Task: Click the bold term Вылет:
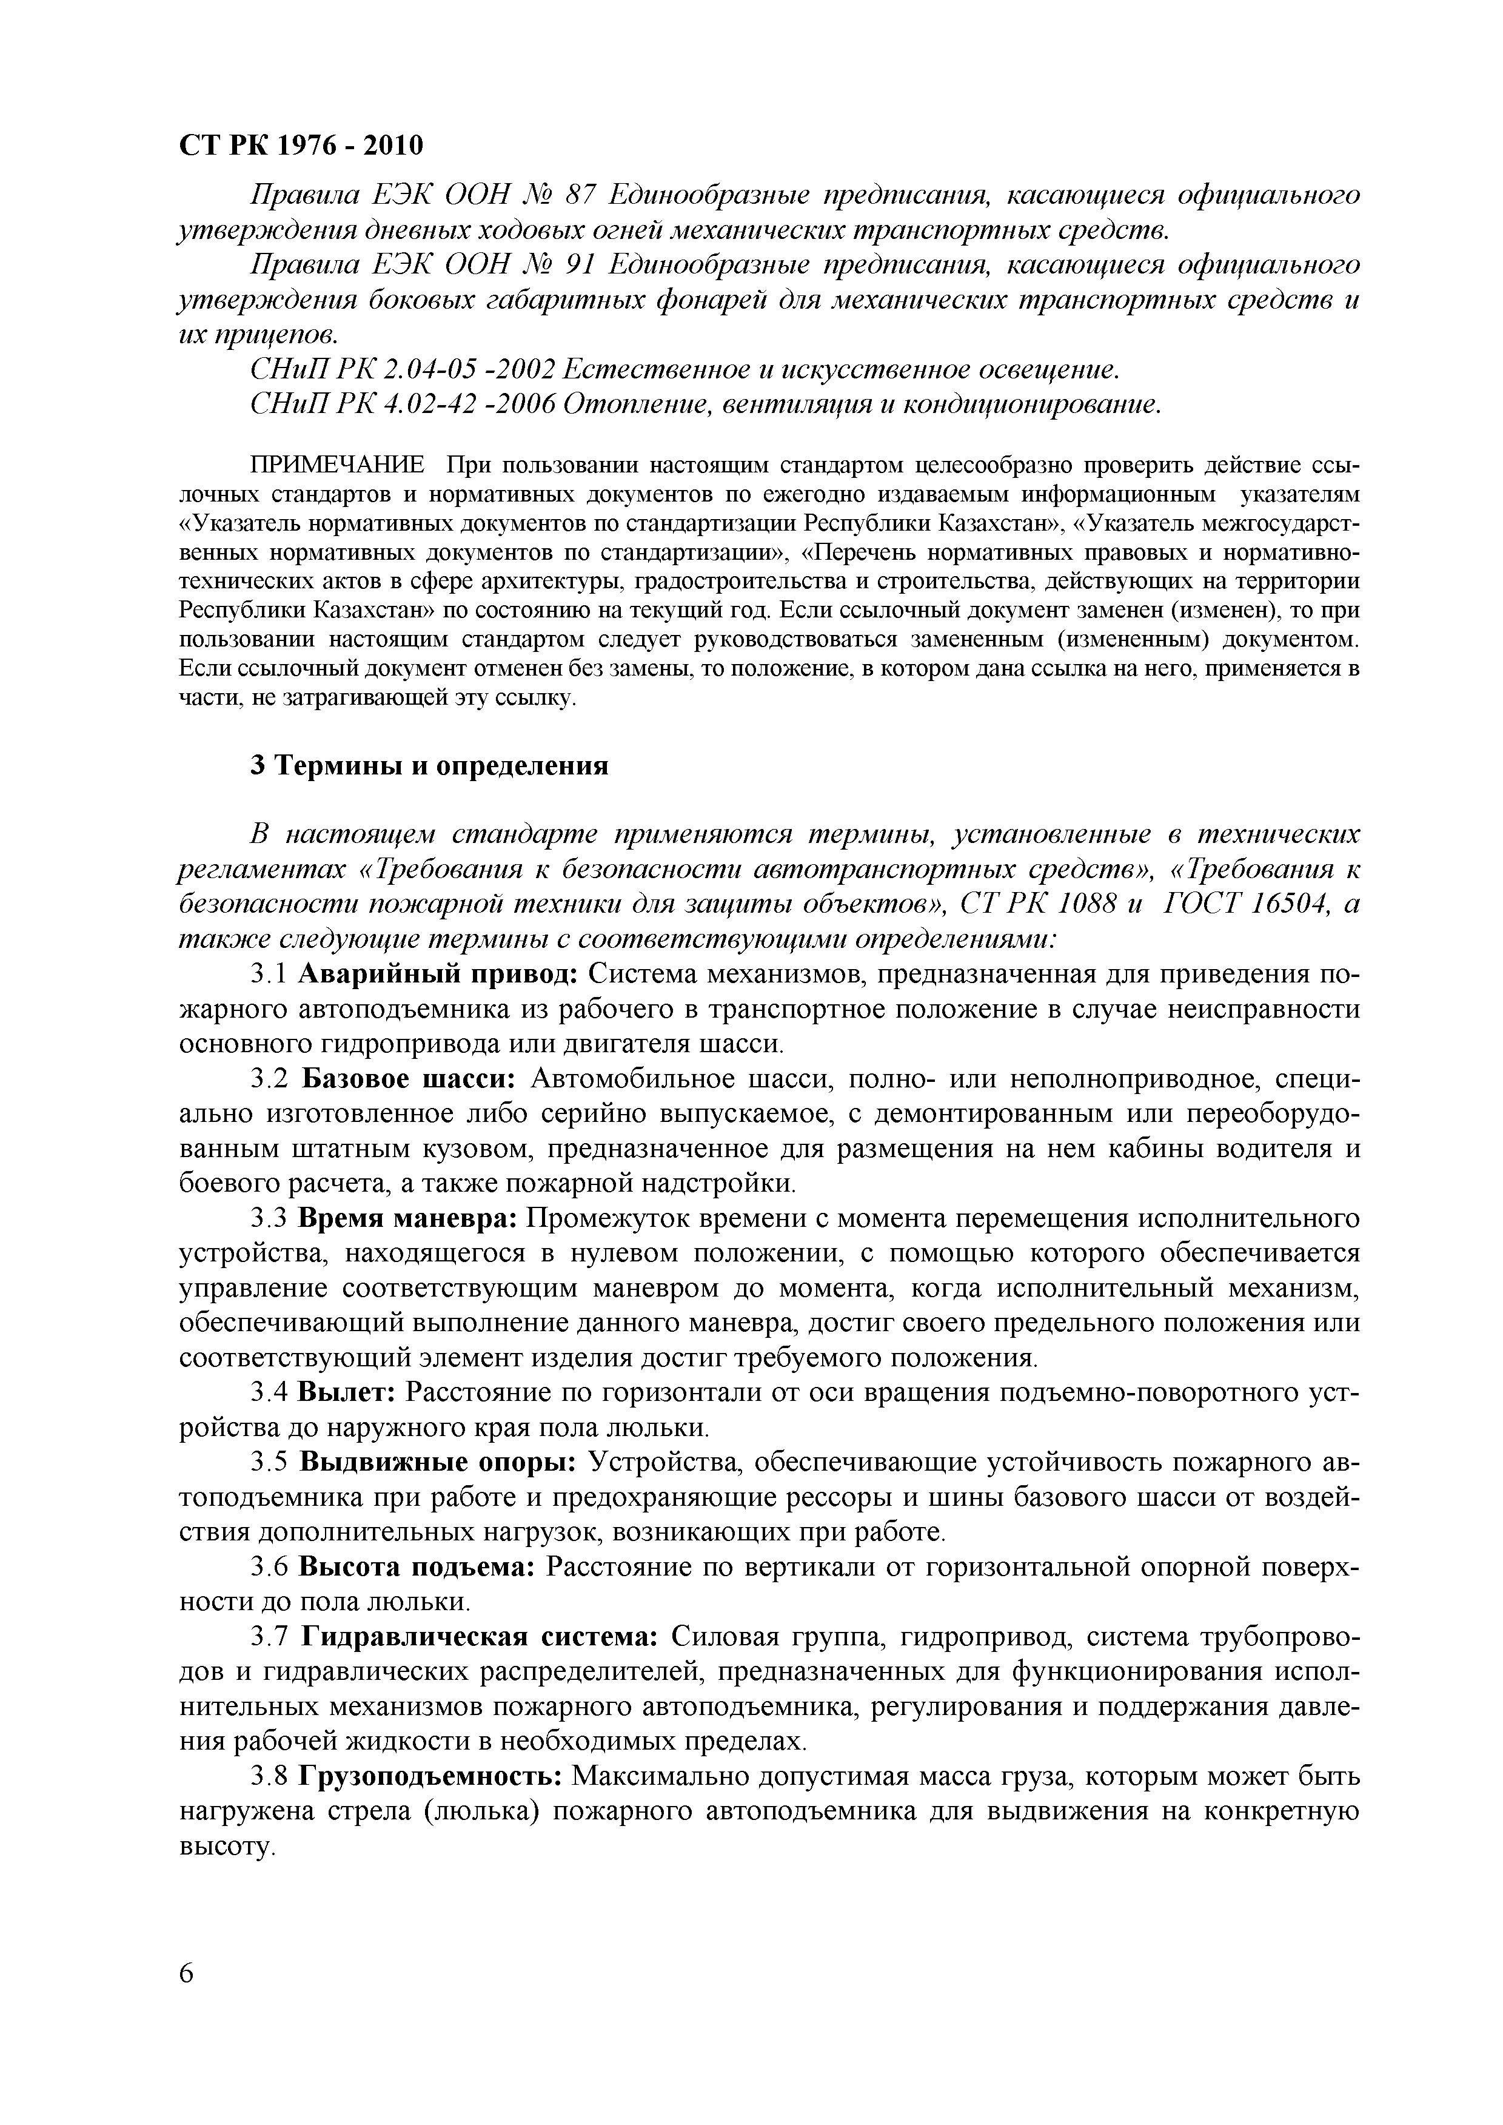(347, 1392)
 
